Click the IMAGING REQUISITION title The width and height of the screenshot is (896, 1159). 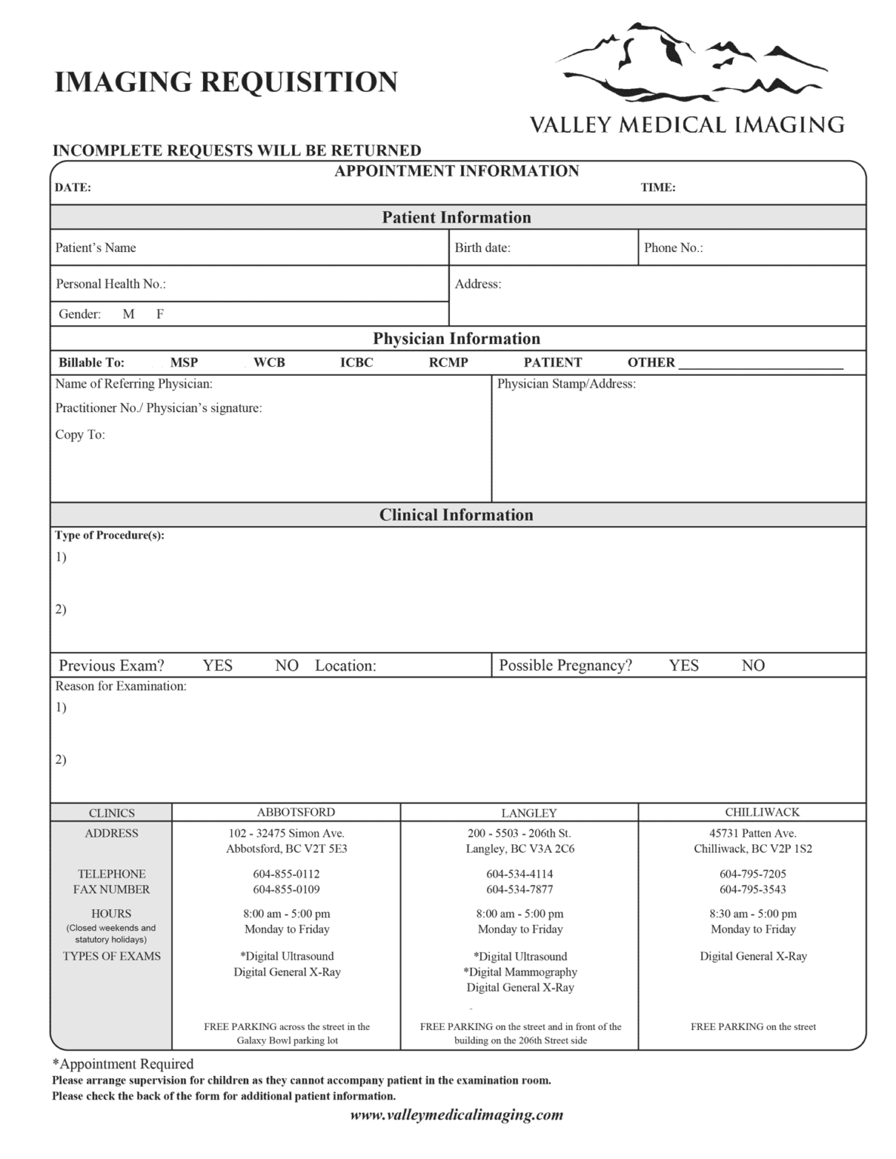226,82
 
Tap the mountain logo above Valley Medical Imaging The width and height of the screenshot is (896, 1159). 691,64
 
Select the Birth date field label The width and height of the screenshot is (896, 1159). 482,247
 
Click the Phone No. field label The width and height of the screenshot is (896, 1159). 673,247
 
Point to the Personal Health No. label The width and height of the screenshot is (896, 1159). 110,284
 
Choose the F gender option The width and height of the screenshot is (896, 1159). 160,314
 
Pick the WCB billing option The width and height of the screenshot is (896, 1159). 269,362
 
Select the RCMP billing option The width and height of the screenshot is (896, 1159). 448,362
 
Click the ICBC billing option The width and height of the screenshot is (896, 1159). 356,362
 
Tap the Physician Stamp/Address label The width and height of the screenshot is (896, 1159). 566,383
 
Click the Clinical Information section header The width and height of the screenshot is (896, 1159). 456,515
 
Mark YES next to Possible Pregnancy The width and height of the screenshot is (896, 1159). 683,665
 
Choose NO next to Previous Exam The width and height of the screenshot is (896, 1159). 286,665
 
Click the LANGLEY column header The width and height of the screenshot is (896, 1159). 528,813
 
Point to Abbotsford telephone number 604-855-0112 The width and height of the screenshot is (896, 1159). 286,874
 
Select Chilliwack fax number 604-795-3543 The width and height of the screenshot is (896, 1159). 753,889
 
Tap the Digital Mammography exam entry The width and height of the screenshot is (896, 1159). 520,972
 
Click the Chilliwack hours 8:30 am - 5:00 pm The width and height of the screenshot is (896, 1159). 753,913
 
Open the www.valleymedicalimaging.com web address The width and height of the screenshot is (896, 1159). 457,1114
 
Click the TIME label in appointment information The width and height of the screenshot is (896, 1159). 657,187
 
